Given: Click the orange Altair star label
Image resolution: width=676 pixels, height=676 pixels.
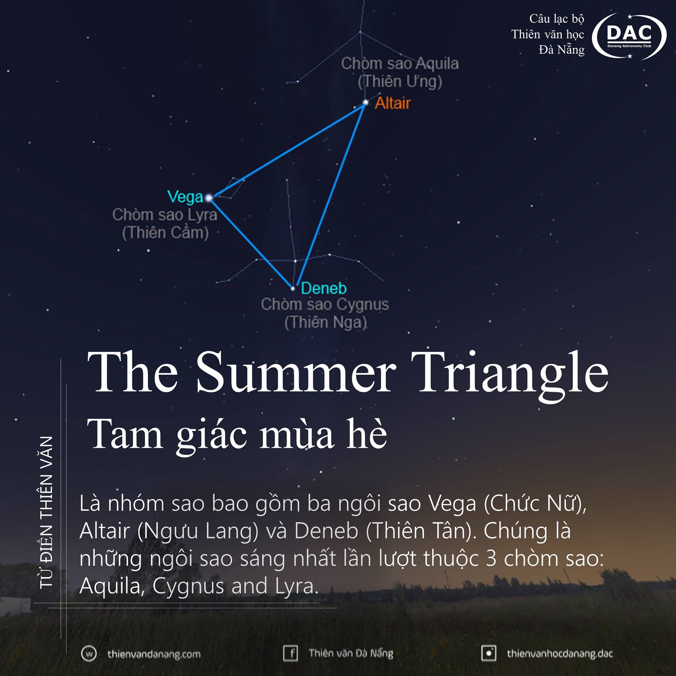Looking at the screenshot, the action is (x=393, y=103).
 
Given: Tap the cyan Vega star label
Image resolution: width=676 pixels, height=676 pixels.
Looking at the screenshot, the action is (x=185, y=197).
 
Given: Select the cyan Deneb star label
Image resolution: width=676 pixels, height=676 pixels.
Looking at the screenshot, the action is (x=324, y=288).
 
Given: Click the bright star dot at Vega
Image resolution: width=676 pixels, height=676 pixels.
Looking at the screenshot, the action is (x=209, y=198).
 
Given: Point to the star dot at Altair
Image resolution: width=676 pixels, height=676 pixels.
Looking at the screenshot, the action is (x=365, y=102).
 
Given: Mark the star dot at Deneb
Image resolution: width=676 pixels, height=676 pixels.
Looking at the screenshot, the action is (x=293, y=289).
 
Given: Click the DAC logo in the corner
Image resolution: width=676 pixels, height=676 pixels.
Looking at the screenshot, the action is (x=629, y=36).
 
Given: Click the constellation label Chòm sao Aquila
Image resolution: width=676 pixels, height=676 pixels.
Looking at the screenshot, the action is (x=400, y=64).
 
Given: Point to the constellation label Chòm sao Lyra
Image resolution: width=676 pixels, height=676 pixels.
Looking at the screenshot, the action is (x=165, y=215).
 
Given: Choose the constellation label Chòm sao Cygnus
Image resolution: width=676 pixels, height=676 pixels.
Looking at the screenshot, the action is (x=325, y=305).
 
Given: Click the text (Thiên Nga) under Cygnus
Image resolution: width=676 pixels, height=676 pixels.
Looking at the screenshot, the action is (x=326, y=322).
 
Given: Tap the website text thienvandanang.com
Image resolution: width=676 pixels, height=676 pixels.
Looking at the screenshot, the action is (x=154, y=654).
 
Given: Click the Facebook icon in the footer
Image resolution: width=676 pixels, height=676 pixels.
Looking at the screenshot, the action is (x=290, y=653).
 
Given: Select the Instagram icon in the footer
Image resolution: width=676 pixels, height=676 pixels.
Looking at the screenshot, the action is (x=489, y=653).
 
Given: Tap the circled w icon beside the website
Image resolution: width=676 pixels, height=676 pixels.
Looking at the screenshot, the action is (x=89, y=654).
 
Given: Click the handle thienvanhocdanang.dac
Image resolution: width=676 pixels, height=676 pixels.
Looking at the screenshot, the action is (x=560, y=654).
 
